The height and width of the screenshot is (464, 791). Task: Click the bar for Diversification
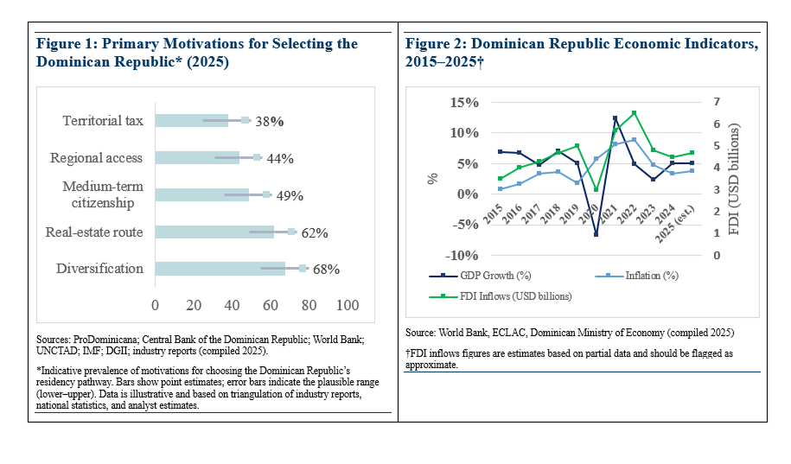point(220,269)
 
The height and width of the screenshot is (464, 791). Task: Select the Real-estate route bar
point(214,232)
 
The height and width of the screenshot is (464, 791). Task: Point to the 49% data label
point(290,195)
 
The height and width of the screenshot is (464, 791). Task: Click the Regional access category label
point(96,158)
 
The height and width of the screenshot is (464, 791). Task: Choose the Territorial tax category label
point(103,121)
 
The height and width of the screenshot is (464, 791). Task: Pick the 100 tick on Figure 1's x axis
point(348,305)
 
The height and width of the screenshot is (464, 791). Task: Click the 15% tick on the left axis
point(464,103)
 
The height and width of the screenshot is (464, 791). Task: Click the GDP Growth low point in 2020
point(596,234)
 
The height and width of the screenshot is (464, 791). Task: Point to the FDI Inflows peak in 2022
point(634,112)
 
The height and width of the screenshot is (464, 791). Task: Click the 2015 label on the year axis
point(494,216)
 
